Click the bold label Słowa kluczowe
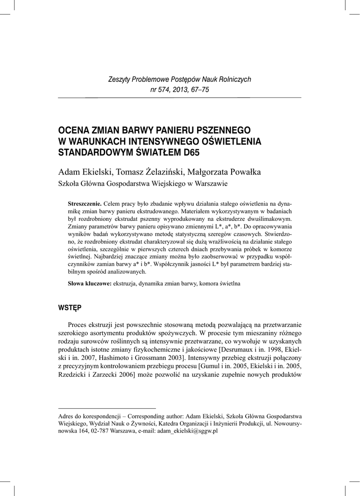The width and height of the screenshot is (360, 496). click(90, 283)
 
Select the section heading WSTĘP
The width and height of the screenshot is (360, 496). click(69, 308)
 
